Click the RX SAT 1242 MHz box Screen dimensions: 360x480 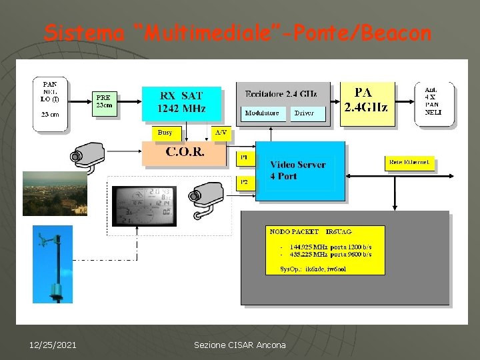click(x=181, y=103)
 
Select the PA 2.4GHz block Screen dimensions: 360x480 click(x=367, y=103)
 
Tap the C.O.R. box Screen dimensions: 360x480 click(x=185, y=153)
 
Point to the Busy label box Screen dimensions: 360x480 click(x=165, y=133)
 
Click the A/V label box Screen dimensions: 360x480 click(x=221, y=133)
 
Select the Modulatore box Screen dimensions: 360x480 click(x=262, y=113)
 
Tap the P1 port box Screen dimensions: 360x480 click(x=244, y=157)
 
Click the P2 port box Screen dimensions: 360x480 click(x=244, y=182)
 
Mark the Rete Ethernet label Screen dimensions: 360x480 click(x=409, y=163)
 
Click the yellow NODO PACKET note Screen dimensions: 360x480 click(x=325, y=249)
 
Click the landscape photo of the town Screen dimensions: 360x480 click(x=55, y=193)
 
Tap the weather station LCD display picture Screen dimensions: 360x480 click(x=144, y=206)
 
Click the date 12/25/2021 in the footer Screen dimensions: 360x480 click(x=53, y=345)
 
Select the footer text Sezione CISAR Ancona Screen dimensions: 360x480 click(x=239, y=345)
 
